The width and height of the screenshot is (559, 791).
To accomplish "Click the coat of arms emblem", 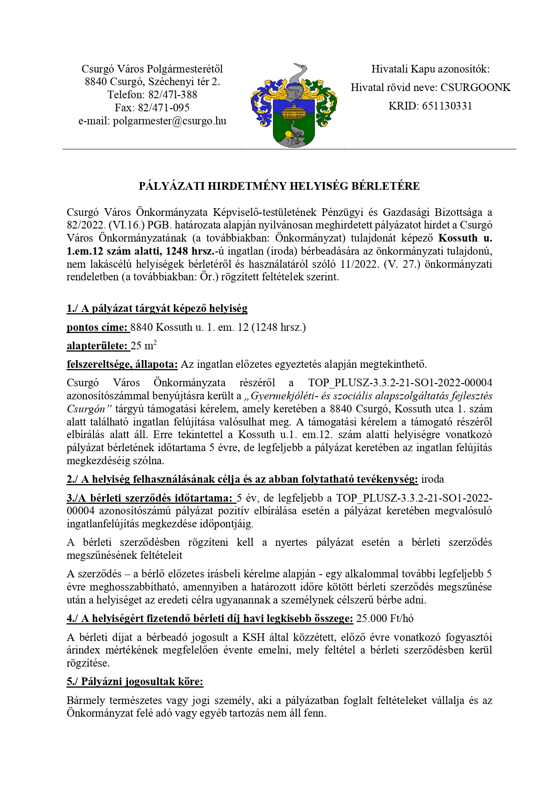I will pos(294,106).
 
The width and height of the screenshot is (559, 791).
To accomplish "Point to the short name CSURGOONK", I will pos(475,87).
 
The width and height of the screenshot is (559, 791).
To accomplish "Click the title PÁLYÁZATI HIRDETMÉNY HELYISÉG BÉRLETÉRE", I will pos(279,186).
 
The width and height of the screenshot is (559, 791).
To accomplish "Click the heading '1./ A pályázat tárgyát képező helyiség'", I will pos(157,308).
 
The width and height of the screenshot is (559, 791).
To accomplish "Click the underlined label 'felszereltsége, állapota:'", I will pos(122,364).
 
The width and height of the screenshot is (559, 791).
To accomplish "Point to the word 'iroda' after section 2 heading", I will pos(432,479).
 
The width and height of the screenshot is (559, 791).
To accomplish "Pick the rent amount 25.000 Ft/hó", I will pos(385,618).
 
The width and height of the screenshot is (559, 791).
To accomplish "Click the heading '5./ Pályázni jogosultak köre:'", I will pos(135,681).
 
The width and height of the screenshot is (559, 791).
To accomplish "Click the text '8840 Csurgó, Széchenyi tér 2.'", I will pos(152,82).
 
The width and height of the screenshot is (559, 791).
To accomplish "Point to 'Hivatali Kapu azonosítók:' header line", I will pos(430,69).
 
